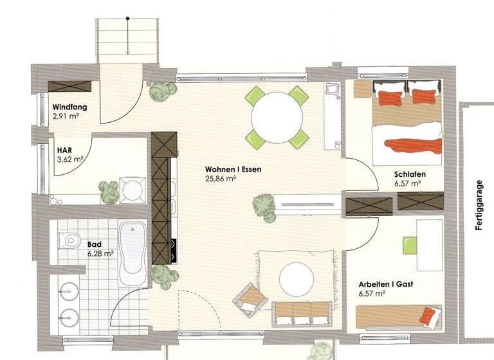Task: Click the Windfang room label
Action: click(69, 107)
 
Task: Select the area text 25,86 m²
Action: click(220, 179)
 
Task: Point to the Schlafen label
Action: click(410, 174)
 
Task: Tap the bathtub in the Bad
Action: click(134, 253)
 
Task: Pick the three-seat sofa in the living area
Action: click(302, 313)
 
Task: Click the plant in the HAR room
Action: click(108, 192)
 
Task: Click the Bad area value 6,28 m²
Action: click(100, 253)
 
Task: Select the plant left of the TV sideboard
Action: click(263, 207)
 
